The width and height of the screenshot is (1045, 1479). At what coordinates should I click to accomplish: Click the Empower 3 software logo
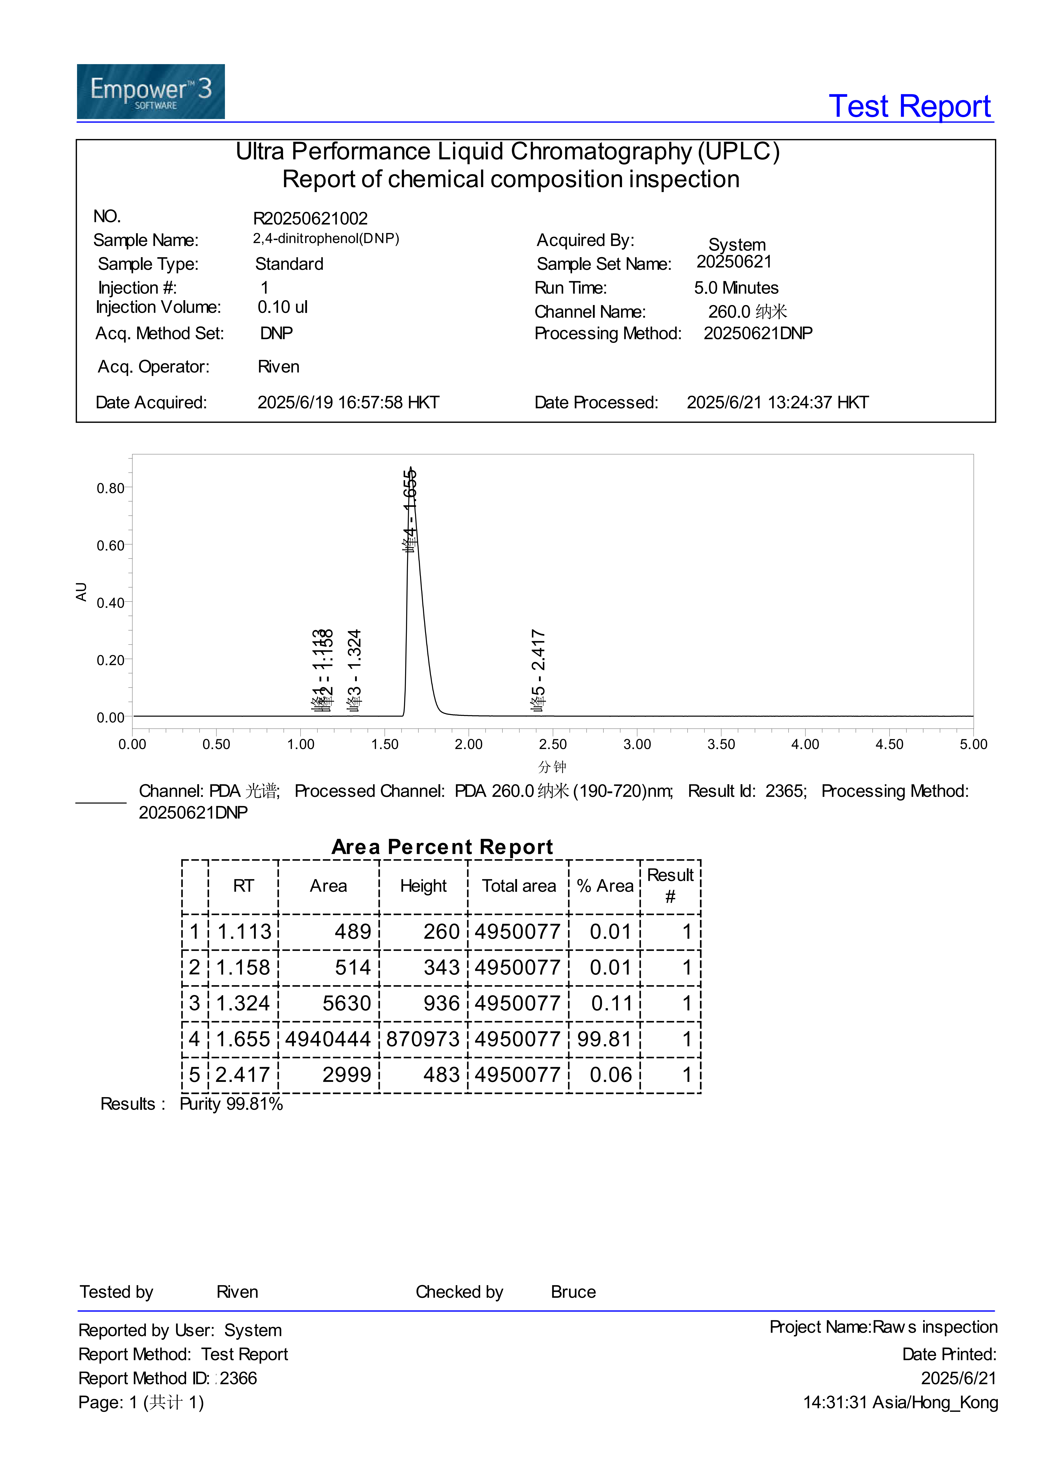click(151, 92)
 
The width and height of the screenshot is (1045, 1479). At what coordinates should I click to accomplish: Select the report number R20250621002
click(310, 218)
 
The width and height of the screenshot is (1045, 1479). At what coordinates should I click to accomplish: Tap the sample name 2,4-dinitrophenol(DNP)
click(326, 239)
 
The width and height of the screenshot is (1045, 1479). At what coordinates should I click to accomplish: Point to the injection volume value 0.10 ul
click(283, 307)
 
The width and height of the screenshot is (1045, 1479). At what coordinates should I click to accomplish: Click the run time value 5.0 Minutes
click(736, 288)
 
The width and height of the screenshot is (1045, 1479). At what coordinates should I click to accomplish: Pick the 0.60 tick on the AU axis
click(111, 546)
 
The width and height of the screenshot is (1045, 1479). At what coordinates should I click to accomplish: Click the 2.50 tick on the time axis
click(552, 744)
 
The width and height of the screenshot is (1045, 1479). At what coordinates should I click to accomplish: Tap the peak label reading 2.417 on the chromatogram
click(538, 670)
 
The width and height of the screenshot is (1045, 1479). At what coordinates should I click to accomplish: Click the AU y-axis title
click(81, 591)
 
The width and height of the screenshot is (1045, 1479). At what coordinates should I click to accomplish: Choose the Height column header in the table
click(423, 886)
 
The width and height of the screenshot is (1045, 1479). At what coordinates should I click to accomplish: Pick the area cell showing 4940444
click(328, 1039)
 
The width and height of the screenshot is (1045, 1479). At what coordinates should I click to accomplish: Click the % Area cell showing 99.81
click(604, 1039)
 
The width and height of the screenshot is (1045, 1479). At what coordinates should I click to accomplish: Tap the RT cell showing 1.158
click(243, 968)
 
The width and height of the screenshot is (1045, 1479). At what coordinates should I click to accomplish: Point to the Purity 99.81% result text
click(231, 1104)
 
